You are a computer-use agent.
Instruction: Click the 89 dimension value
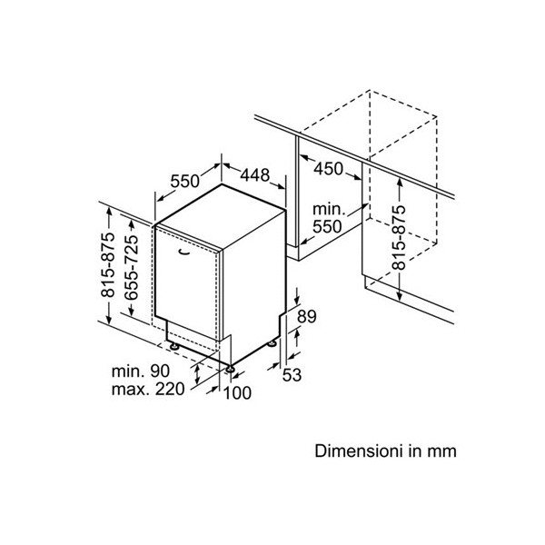307,317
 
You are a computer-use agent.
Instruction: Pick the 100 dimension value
237,392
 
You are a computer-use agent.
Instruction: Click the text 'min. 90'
142,372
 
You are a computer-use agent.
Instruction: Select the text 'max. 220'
146,390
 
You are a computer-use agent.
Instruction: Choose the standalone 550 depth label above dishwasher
183,181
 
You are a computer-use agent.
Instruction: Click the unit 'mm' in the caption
441,451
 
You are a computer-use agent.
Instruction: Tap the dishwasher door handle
186,246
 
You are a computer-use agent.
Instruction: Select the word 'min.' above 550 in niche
324,210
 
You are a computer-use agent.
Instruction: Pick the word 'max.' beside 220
131,390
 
